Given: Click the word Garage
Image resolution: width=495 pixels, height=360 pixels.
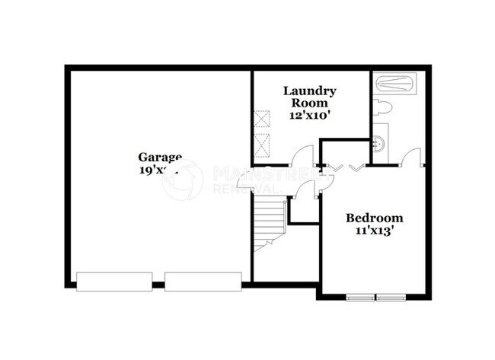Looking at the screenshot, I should [160, 158].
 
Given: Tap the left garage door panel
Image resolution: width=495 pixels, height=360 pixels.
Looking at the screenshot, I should [113, 281].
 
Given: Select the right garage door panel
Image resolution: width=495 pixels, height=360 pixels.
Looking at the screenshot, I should [203, 281].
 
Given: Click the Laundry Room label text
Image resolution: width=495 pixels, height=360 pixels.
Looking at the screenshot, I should [309, 97].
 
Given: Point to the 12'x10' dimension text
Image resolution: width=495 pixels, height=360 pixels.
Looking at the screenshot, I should [309, 116].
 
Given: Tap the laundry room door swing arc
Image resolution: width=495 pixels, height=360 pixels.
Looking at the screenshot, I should [302, 154].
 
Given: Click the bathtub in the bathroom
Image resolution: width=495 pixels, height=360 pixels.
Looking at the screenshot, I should [394, 82].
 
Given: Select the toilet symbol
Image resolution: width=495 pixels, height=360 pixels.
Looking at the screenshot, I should [382, 106].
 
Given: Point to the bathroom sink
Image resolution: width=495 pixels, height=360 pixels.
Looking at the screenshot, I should [379, 142].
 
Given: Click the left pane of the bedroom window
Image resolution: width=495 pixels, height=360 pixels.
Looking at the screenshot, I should [360, 297].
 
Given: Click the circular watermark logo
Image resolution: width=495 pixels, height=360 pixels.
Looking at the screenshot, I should [183, 180].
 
